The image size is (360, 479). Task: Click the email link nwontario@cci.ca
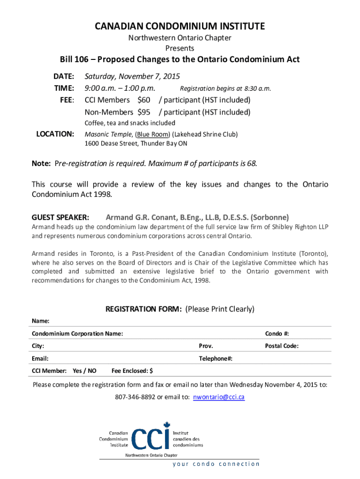pos(219,397)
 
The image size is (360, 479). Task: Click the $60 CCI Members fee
pos(144,100)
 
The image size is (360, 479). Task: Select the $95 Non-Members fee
pos(144,112)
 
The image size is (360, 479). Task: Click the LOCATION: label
pos(55,134)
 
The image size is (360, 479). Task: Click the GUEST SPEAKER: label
pos(60,218)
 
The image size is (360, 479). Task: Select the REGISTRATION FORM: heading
pos(144,309)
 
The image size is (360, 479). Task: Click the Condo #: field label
pos(277,334)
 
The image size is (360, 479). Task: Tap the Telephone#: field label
pos(216,358)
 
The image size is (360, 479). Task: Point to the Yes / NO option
pos(85,371)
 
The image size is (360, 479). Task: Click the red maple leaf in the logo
pos(166,426)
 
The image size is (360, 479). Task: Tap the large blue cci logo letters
pos(150,439)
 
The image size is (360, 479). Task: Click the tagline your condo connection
pos(216,464)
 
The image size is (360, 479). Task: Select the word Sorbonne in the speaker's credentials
pos(270,218)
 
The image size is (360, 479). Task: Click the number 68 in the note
pos(251,164)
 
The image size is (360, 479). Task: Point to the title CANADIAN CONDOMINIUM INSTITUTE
pos(180,26)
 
